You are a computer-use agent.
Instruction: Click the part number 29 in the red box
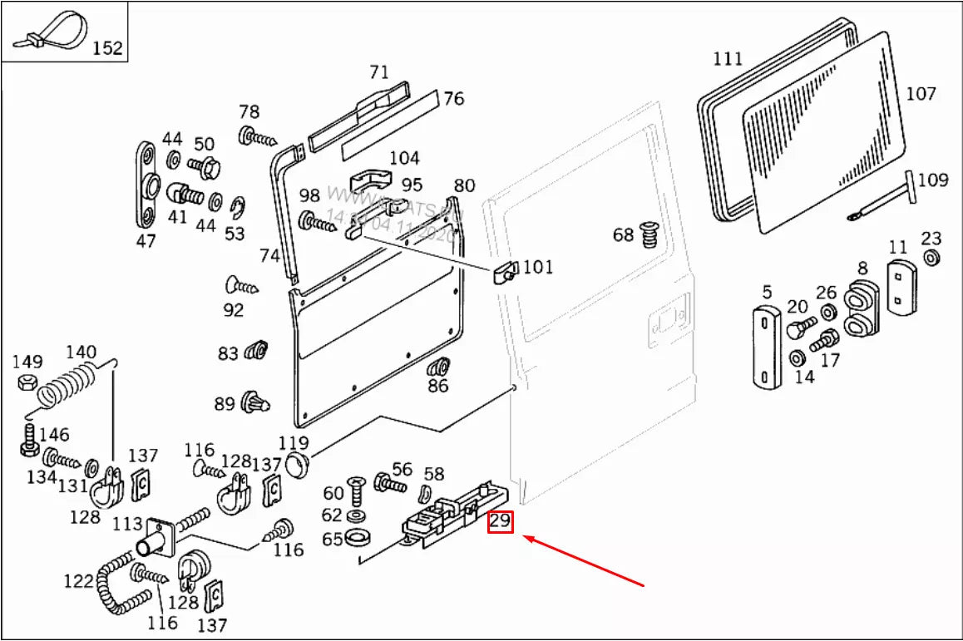coord(500,522)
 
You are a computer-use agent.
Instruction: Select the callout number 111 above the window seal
coord(728,59)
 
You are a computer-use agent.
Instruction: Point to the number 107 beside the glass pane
coord(921,94)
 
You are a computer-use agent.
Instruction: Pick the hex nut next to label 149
coord(26,383)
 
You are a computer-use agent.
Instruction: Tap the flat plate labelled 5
coord(767,348)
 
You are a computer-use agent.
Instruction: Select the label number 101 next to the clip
coord(536,268)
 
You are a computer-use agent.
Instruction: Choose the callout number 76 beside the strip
coord(453,99)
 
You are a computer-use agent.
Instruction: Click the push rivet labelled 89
coord(254,403)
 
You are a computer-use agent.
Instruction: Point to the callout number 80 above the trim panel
coord(464,185)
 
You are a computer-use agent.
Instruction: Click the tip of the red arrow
coord(525,538)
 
